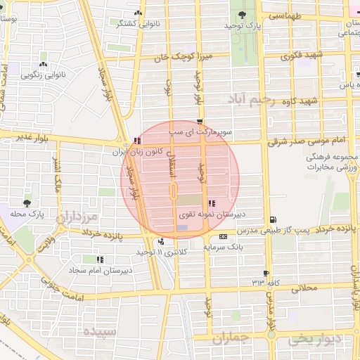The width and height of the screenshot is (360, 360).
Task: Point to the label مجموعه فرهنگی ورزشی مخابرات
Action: click(x=332, y=161)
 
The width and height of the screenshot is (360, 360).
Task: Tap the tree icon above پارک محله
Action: click(x=27, y=202)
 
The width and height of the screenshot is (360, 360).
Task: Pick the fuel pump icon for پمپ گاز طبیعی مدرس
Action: click(x=273, y=220)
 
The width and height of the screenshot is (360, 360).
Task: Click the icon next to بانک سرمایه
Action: click(x=224, y=237)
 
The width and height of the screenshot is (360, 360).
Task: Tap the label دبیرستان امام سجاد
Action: click(x=95, y=269)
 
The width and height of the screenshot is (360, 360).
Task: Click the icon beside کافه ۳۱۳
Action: click(x=266, y=273)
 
